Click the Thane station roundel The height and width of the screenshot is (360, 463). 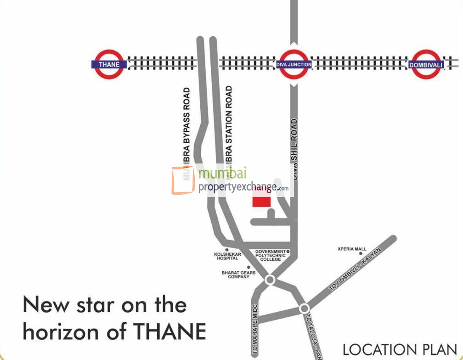point(109,64)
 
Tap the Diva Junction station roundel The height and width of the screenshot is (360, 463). point(294,64)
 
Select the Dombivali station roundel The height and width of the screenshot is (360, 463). point(426,65)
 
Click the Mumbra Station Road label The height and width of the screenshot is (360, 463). point(229,129)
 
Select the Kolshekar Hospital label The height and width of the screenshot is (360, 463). point(227,256)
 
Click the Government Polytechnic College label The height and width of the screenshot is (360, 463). point(271,255)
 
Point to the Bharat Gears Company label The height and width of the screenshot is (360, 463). point(238,275)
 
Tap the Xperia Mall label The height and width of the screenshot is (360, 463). point(352,249)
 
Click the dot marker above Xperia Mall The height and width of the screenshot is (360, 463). point(361,253)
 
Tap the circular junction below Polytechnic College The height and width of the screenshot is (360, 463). point(270,280)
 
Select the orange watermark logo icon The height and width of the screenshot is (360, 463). point(183,180)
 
